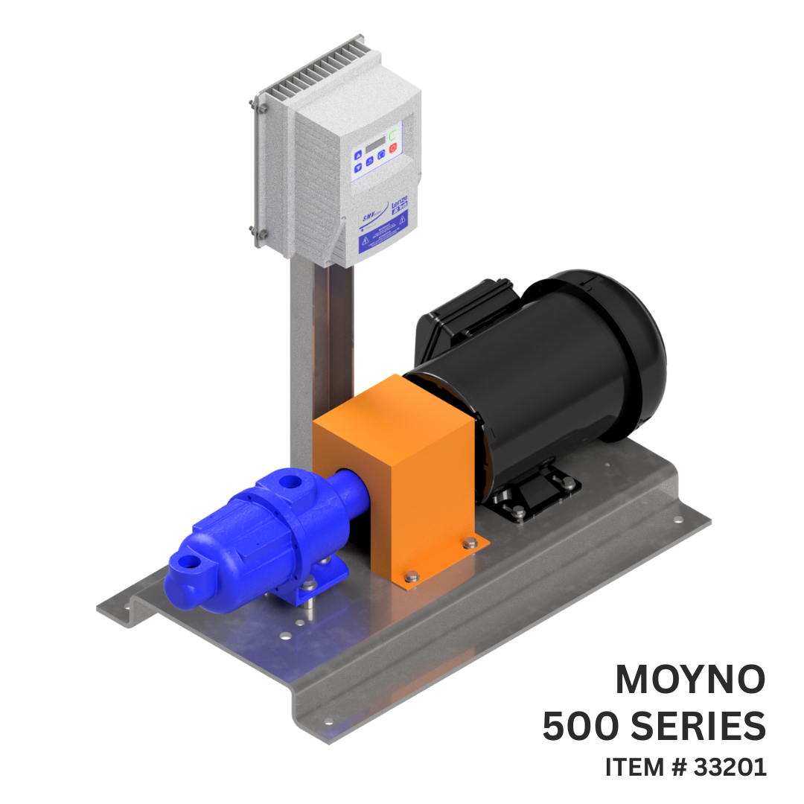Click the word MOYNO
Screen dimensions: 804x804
pos(690,680)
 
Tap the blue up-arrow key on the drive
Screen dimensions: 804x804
pos(358,156)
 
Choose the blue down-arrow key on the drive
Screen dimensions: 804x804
pos(358,168)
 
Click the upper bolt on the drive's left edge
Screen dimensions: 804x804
pos(262,109)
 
